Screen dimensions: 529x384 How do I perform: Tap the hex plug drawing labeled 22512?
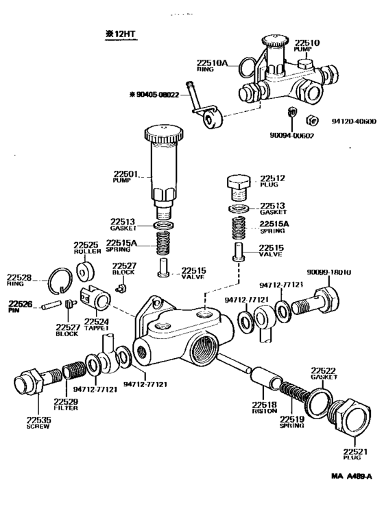pyautogui.click(x=238, y=185)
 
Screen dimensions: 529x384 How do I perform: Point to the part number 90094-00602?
pyautogui.click(x=292, y=135)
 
